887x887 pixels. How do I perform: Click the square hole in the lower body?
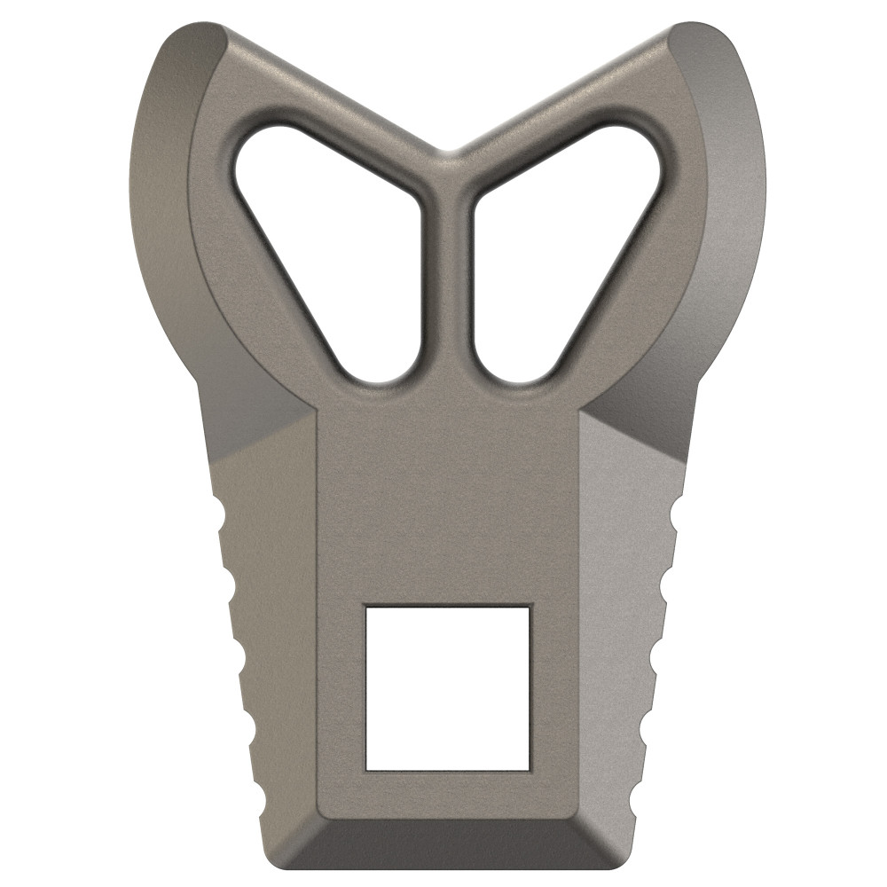(x=448, y=687)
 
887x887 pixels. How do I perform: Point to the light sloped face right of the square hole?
(x=625, y=621)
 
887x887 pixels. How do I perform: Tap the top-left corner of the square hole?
(x=367, y=608)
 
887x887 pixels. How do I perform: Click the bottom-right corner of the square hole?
(x=530, y=768)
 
